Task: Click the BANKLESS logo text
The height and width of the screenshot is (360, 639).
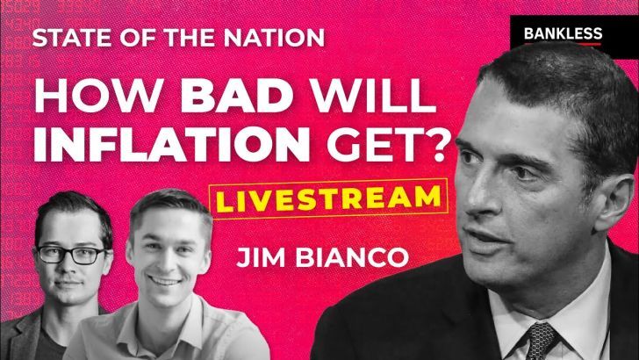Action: (563, 33)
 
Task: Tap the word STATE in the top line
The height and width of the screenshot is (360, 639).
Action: (62, 38)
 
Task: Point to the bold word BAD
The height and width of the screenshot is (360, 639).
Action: (237, 98)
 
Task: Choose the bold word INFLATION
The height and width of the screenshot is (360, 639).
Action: (171, 145)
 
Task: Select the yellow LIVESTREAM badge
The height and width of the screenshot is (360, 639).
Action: (328, 199)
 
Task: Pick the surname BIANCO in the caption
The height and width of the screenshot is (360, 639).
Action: (352, 257)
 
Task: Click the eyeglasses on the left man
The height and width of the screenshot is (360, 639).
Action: (72, 255)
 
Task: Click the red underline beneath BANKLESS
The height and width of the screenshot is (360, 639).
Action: (563, 44)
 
